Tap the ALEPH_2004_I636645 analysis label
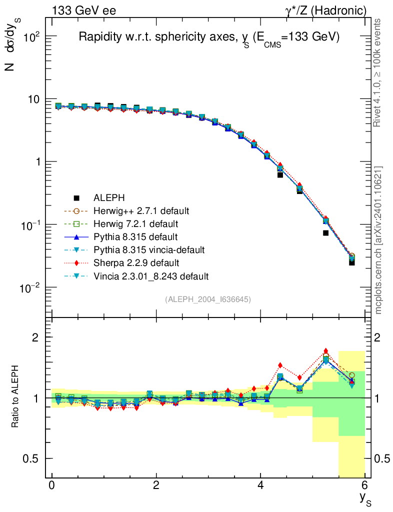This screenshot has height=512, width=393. (208, 299)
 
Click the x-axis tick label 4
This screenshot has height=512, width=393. (260, 486)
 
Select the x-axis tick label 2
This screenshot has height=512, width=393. (156, 486)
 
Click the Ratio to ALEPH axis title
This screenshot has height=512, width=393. (16, 397)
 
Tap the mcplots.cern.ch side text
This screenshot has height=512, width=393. (379, 240)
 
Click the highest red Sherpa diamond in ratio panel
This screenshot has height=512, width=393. (326, 351)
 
